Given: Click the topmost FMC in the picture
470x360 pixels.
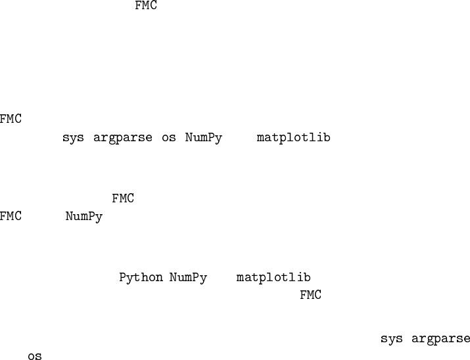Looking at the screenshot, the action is click(x=146, y=7).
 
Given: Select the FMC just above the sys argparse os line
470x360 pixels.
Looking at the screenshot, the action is click(x=11, y=120).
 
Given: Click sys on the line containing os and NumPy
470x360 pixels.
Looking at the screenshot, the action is click(x=73, y=138).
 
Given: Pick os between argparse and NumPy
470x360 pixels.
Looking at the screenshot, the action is click(x=169, y=138).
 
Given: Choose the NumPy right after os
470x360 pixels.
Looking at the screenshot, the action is click(x=203, y=139).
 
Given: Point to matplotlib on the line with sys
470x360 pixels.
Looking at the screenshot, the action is click(x=293, y=138).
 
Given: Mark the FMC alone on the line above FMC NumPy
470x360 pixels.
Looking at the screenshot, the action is click(x=123, y=198).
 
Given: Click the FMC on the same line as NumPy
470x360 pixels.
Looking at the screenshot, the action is click(x=11, y=217).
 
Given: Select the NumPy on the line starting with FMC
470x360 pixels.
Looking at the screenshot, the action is click(x=84, y=217).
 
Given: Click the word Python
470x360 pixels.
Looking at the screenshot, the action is click(x=141, y=277).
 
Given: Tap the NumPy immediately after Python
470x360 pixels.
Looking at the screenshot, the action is click(x=188, y=277).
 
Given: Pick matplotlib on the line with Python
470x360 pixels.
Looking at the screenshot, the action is click(x=273, y=277).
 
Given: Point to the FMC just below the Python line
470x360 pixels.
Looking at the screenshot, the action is click(x=311, y=296).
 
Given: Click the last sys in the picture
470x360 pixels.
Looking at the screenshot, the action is click(x=392, y=339).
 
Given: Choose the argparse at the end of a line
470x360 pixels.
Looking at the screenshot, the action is click(x=441, y=340).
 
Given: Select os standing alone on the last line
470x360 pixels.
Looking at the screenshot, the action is click(x=35, y=357).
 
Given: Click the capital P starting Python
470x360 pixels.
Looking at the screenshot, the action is click(x=123, y=277).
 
